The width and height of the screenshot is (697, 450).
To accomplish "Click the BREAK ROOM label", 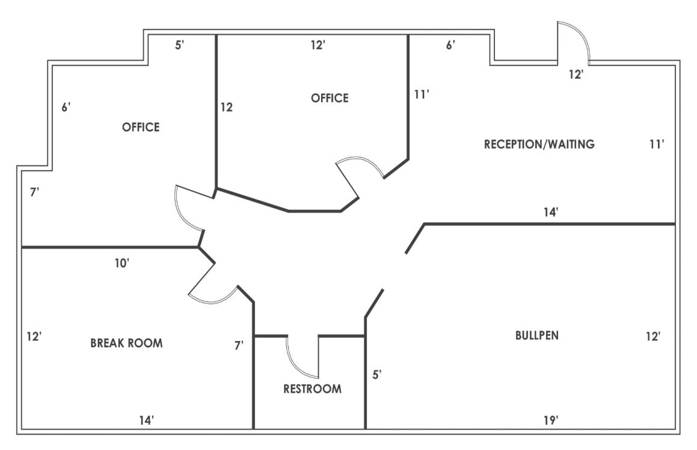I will point(126,344).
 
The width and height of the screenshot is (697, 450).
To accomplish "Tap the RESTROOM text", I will point(312,389).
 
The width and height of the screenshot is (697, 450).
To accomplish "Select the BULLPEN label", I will point(536,336).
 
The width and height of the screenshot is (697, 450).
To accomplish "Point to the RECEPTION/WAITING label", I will point(539,144).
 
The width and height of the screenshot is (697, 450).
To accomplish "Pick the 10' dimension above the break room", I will point(122,263).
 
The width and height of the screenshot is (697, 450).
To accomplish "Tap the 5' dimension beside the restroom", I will point(377,375).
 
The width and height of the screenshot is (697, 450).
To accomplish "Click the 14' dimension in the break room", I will point(146,420).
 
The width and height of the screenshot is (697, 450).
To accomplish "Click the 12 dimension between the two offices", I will point(226,108).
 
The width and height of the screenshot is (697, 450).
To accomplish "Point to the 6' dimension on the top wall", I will point(450,45).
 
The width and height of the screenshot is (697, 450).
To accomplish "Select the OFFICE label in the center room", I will point(330,98).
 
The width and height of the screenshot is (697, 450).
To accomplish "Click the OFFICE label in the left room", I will point(141,127).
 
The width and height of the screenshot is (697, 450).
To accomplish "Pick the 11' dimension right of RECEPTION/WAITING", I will point(657,144).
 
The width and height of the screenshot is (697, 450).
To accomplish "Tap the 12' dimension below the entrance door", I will point(576,75).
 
